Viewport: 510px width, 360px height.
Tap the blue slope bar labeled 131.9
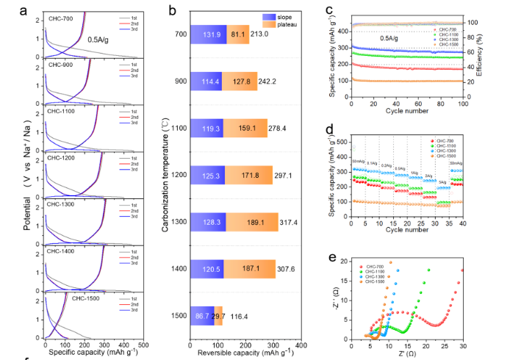[209, 34]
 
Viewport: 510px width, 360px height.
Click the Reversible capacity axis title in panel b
[245, 353]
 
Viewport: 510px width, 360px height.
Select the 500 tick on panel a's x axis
[144, 345]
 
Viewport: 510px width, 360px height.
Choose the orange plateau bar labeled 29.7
[219, 316]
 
